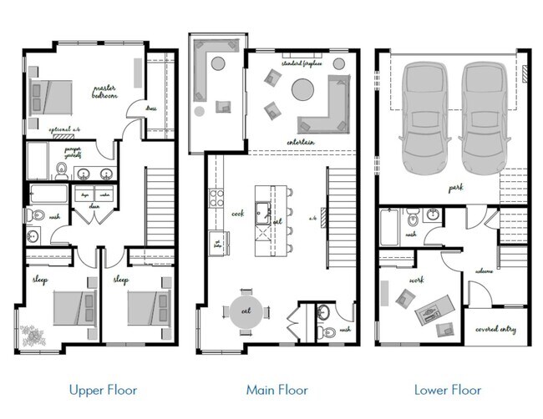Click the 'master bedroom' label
105,91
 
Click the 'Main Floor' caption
277,390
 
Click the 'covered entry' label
495,329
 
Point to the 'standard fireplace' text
302,63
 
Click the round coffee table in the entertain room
302,89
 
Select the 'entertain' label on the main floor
299,142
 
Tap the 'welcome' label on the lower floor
484,271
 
